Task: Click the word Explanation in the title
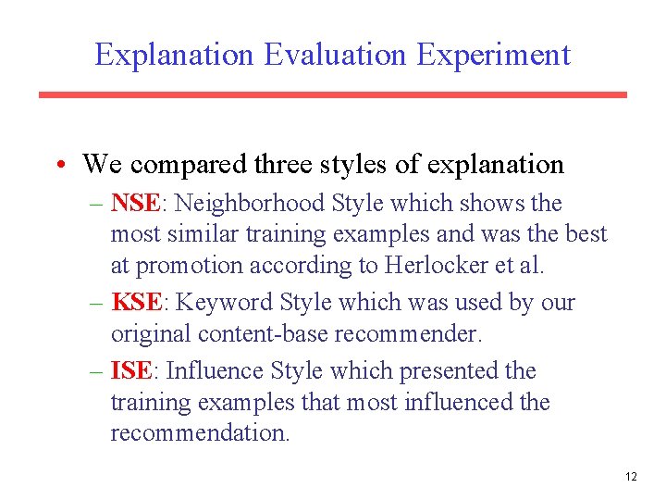click(x=175, y=55)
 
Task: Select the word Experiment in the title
click(x=493, y=55)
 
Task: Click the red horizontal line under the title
click(x=332, y=94)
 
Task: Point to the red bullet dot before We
click(x=58, y=166)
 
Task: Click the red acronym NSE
click(x=134, y=203)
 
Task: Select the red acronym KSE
click(x=135, y=303)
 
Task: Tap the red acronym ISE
click(x=130, y=371)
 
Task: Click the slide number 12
click(x=631, y=477)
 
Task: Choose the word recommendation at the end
click(x=200, y=433)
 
